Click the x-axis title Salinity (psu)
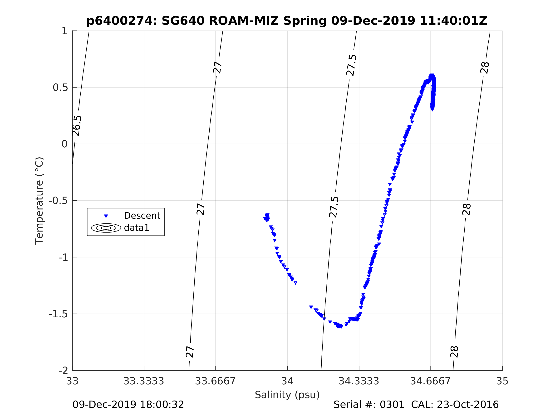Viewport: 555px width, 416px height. (x=287, y=395)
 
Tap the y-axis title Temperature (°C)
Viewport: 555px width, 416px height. (x=39, y=201)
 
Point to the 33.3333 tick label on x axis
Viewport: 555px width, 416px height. (x=143, y=381)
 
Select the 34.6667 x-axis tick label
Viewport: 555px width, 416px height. (x=430, y=381)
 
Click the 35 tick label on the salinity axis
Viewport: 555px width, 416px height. (x=502, y=381)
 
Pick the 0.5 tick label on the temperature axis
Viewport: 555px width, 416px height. (x=60, y=87)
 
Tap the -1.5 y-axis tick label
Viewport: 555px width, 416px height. (x=58, y=314)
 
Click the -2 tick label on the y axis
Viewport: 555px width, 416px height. (x=63, y=370)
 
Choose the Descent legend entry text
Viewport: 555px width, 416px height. (x=142, y=216)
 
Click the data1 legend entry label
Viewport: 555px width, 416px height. (x=137, y=228)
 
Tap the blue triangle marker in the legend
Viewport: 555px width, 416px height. (x=106, y=216)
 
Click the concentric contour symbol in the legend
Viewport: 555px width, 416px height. (x=106, y=228)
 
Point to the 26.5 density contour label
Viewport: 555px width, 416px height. (x=77, y=126)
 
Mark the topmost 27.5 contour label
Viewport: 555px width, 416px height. (x=351, y=65)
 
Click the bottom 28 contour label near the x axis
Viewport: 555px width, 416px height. (x=454, y=352)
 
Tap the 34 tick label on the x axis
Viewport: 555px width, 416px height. (x=287, y=381)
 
